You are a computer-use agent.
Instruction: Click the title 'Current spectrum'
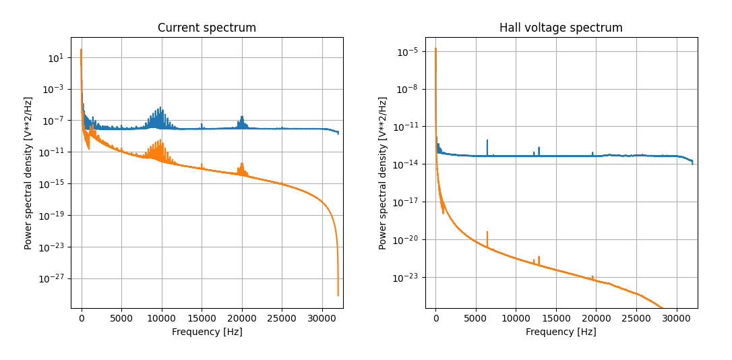[207, 28]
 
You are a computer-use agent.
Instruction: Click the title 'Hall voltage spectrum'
[561, 28]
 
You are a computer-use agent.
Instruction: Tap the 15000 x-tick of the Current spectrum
[202, 318]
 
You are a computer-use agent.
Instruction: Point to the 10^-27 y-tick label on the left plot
[54, 278]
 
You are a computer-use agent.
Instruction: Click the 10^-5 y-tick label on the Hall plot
[408, 51]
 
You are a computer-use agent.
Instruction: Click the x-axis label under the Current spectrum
[207, 332]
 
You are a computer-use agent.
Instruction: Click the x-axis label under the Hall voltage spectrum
[561, 332]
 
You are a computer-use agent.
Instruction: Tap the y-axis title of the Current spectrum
[28, 173]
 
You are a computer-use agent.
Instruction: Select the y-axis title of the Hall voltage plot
[382, 173]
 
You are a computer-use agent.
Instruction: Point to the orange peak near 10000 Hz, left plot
[161, 140]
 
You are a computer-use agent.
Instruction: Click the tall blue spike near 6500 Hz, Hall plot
[487, 141]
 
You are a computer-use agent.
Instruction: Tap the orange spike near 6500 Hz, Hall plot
[487, 233]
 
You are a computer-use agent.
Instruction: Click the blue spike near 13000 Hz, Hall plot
[539, 148]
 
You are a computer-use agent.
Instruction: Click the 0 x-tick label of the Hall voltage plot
[435, 318]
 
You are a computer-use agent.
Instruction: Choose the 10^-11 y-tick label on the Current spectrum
[54, 152]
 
